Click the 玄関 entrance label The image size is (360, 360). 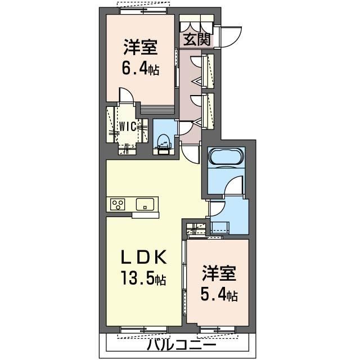[196, 39]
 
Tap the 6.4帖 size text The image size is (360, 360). [139, 70]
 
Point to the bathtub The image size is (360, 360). [226, 156]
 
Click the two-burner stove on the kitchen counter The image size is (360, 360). [118, 204]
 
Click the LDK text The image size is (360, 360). [143, 258]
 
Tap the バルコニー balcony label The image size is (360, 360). [182, 344]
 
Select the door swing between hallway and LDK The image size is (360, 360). [192, 152]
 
